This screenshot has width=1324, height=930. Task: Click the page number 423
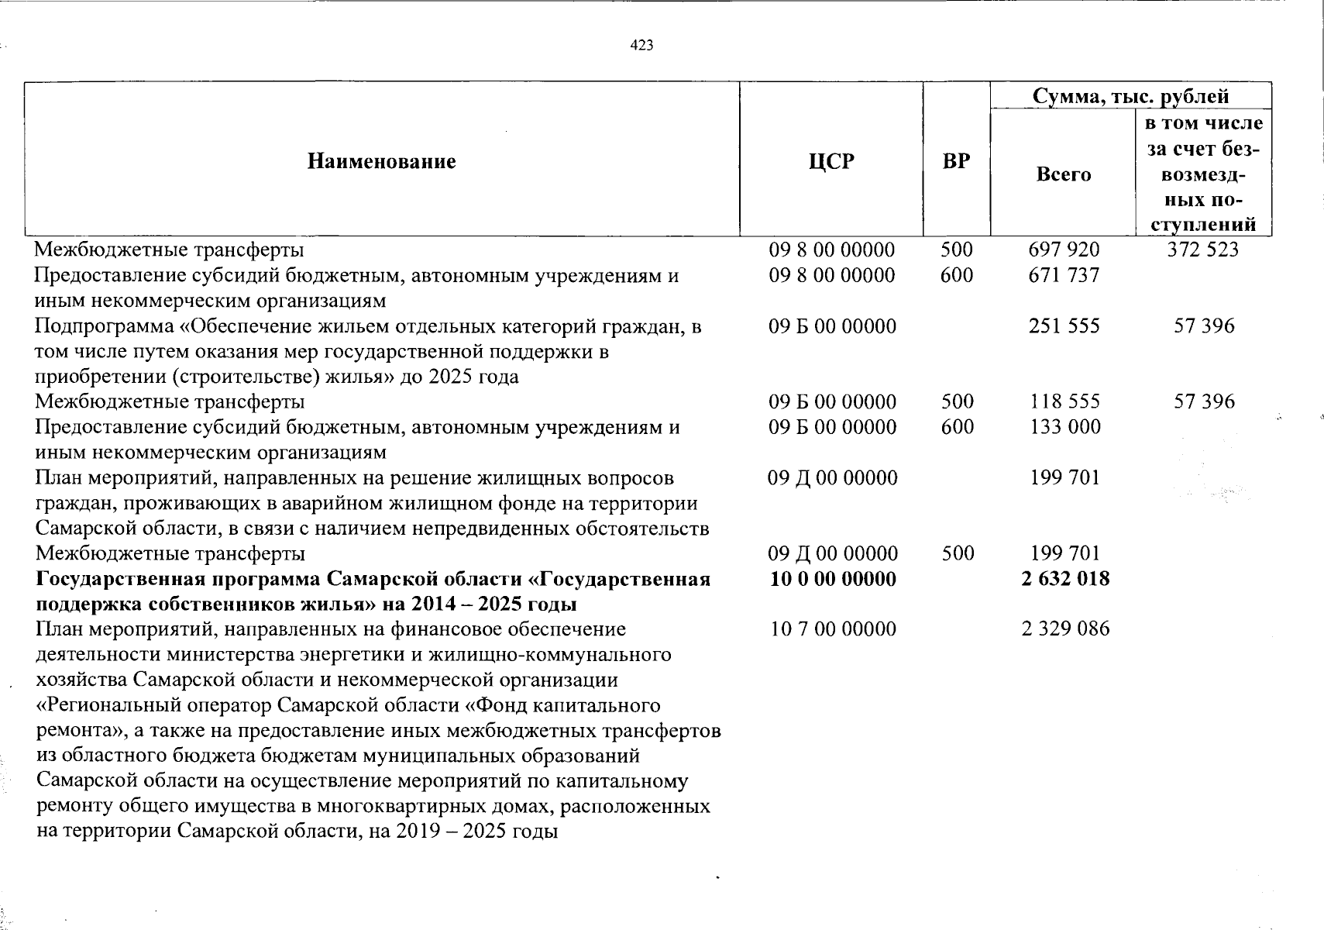point(642,46)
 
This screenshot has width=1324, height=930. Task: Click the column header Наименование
point(381,161)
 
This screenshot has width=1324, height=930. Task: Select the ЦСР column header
point(831,161)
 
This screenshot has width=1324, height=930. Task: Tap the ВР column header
point(956,161)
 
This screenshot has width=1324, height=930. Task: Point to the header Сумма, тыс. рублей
point(1130,96)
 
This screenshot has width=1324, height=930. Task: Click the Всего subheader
point(1063,174)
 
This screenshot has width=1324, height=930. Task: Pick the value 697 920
point(1064,250)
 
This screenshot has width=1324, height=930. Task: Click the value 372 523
point(1203,250)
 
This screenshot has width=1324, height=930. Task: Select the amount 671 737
point(1064,275)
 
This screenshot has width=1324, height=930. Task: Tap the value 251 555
point(1064,325)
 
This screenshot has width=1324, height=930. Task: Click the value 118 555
point(1064,401)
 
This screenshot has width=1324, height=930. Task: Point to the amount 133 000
point(1064,427)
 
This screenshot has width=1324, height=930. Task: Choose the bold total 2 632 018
point(1065,579)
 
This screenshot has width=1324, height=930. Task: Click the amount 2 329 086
point(1065,629)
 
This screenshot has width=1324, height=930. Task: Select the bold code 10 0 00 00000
point(833,579)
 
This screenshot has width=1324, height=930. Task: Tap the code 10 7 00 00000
point(833,629)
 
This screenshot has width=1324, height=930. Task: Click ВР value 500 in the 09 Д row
point(957,553)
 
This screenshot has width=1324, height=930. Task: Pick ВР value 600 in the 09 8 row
point(957,275)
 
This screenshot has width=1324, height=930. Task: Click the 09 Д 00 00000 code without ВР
point(832,477)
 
